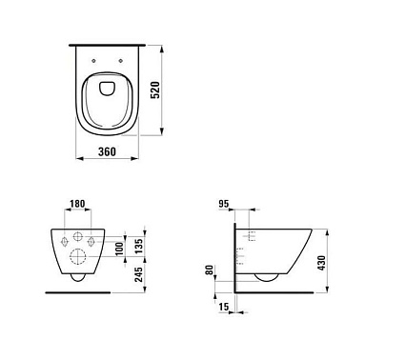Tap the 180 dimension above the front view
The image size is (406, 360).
79,205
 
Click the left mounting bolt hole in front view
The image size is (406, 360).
64,242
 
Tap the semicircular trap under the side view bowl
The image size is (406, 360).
267,277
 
